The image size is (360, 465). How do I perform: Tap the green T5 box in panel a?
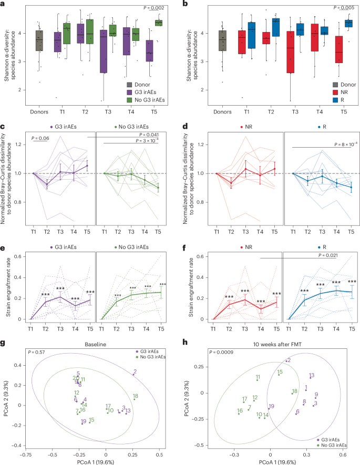pos(158,23)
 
